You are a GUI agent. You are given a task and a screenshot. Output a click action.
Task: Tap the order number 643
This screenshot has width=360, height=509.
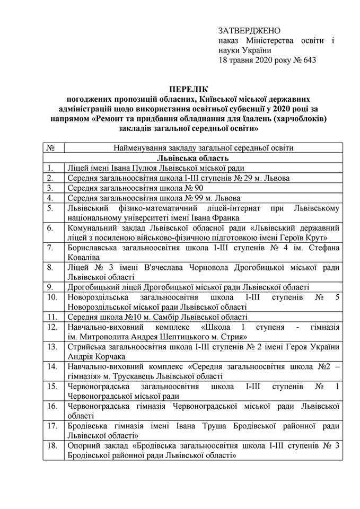coord(308,60)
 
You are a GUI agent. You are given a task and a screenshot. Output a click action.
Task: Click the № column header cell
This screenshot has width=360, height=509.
coord(51,148)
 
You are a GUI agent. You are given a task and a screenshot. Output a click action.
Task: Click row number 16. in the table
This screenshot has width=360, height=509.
coord(52,407)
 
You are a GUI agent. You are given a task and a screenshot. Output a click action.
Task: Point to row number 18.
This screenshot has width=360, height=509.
coord(52,446)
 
